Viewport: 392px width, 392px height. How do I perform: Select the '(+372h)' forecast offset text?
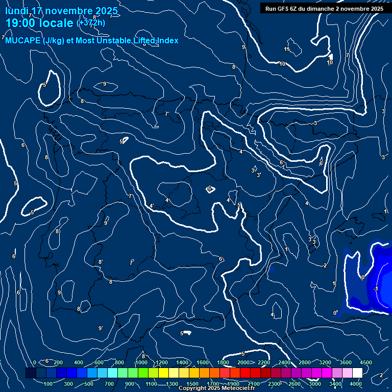[x=91, y=23]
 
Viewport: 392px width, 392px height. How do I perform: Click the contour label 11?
[x=286, y=49]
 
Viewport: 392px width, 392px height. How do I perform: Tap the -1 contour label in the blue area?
[x=375, y=289]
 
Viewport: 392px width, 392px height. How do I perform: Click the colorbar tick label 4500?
[x=366, y=362]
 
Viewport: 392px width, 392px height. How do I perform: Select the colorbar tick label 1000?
[x=141, y=362]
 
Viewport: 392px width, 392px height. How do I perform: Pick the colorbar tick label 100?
[x=48, y=384]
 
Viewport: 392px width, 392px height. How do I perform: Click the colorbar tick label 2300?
[x=274, y=384]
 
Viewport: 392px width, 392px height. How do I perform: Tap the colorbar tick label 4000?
[x=356, y=384]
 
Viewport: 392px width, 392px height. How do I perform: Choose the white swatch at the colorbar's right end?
[x=357, y=373]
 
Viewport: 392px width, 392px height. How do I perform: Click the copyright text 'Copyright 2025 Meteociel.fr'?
[x=217, y=388]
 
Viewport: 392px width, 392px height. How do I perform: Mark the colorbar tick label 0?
[x=35, y=362]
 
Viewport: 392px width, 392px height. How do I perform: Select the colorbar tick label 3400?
[x=335, y=384]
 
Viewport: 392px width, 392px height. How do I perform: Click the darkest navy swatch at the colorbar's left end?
[x=31, y=373]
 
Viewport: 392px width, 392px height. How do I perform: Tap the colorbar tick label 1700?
[x=213, y=384]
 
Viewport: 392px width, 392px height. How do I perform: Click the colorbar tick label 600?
[x=99, y=362]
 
